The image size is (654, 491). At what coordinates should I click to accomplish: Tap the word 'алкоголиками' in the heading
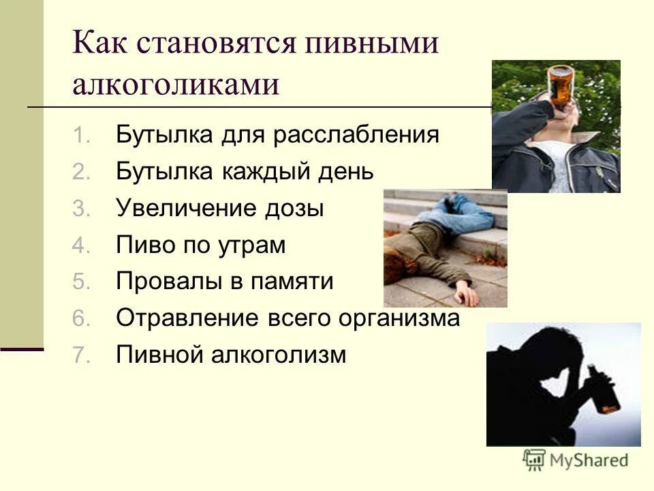tap(176, 86)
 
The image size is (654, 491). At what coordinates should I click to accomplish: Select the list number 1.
tap(80, 135)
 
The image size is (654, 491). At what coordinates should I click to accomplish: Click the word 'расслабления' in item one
tap(356, 134)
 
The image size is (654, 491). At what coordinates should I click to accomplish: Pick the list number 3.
tap(80, 209)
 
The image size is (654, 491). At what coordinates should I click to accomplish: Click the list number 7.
tap(80, 355)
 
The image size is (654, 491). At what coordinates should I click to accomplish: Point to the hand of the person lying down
tap(467, 295)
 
